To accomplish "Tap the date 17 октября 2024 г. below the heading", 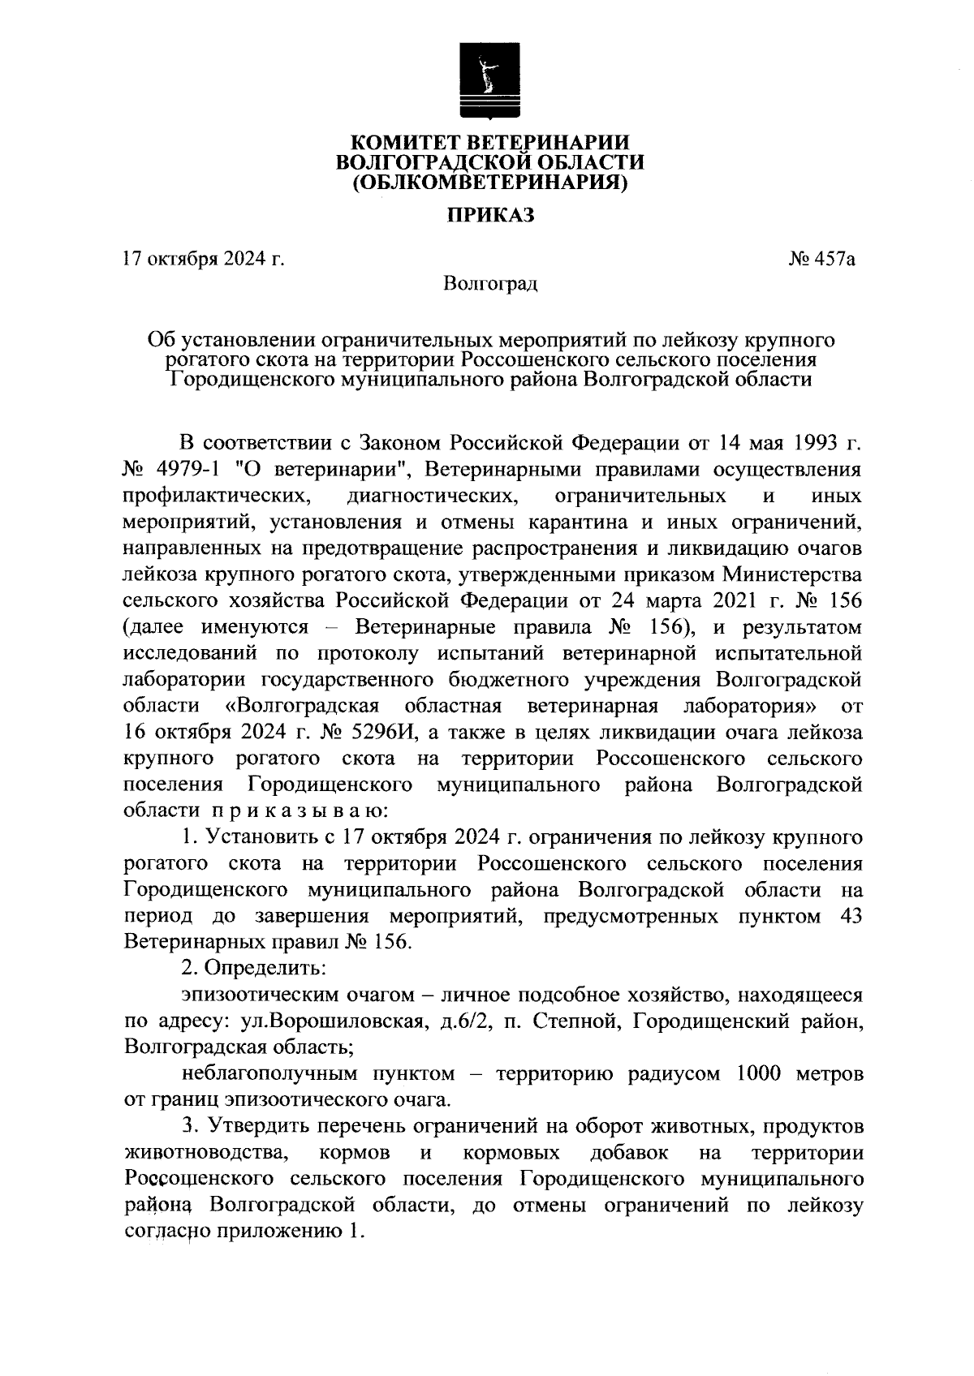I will [203, 260].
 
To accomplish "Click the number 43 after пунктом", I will [847, 917].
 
